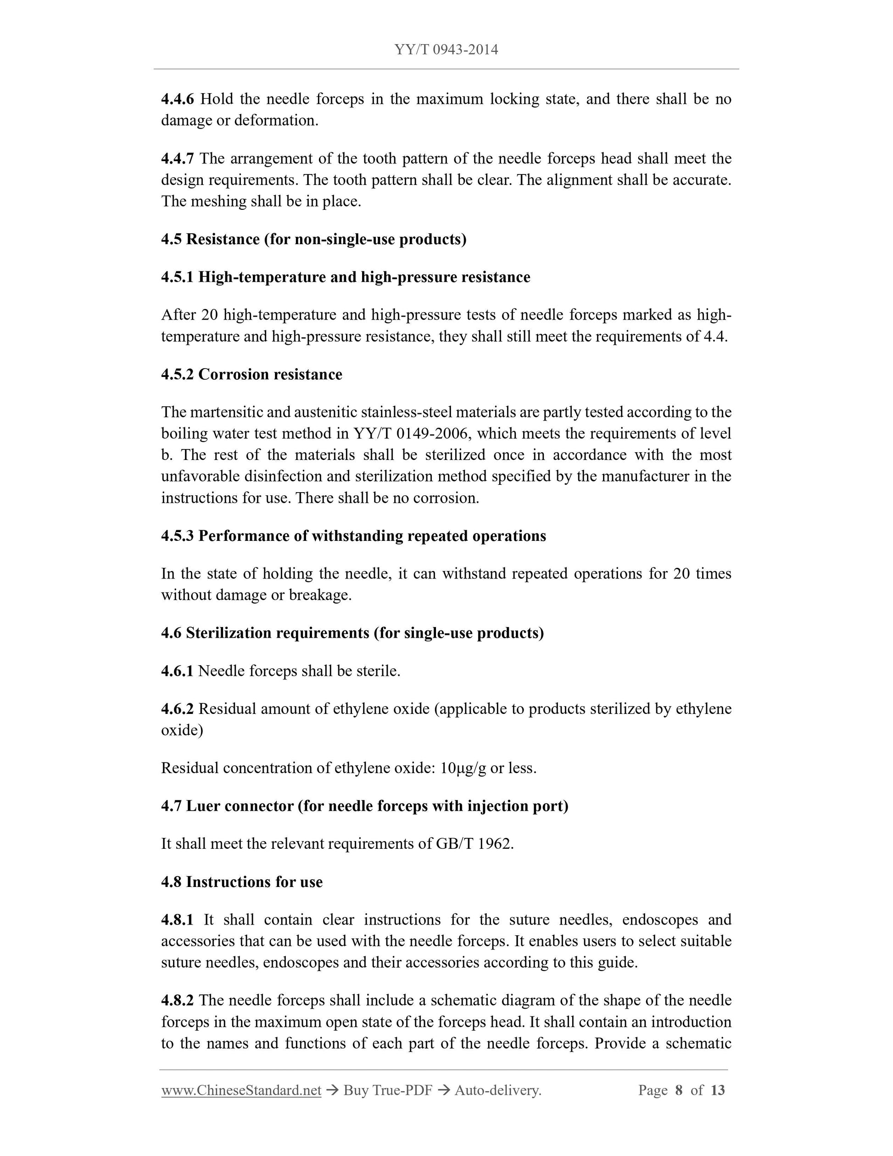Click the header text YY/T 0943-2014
446,50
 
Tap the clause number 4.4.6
177,99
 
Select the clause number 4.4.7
177,158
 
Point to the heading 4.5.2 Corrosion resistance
251,374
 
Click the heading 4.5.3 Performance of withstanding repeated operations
353,536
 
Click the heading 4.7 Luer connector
364,806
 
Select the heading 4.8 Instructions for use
242,882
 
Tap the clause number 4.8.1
177,920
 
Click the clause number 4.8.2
177,1000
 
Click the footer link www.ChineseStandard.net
241,1090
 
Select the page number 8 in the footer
679,1090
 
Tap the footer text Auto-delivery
498,1090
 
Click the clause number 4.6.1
177,671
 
